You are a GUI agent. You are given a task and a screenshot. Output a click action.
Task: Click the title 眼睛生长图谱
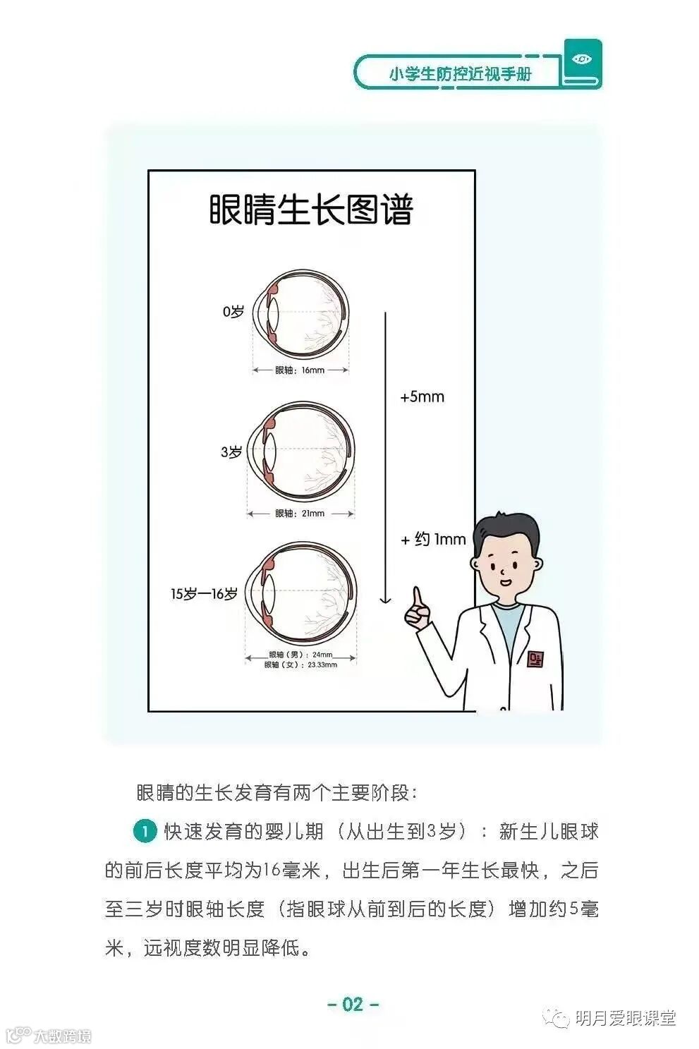point(311,210)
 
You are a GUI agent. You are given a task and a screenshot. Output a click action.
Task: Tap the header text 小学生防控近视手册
point(460,73)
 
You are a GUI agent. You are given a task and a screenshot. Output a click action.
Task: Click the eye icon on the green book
point(582,59)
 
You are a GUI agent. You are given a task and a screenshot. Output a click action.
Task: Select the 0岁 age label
point(233,311)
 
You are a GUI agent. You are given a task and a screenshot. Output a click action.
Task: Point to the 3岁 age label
point(231,452)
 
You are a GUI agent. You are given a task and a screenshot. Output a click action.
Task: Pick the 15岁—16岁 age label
point(204,594)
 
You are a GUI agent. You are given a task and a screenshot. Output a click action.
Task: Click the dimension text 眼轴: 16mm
point(300,370)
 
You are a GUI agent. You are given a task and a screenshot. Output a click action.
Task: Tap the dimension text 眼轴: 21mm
point(300,514)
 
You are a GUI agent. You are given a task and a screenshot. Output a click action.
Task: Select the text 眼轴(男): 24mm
point(300,654)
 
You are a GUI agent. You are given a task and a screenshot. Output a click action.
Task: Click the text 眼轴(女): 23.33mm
point(300,665)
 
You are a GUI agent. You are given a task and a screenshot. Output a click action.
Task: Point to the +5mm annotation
point(422,397)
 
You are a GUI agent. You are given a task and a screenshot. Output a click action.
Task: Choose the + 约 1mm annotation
point(433,540)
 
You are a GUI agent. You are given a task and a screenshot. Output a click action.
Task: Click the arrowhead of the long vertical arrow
point(385,600)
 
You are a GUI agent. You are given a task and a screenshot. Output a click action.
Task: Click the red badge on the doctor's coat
point(535,658)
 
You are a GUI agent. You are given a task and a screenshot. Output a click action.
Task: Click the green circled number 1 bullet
point(145,831)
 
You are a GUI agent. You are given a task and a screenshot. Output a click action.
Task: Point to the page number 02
point(353,1004)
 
